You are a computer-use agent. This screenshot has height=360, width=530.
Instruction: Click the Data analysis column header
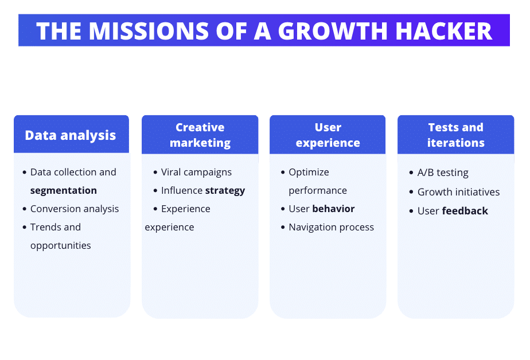point(71,135)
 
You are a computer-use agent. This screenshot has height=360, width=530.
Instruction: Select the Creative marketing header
point(200,135)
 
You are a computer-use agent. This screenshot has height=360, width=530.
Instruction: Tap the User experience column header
point(328,135)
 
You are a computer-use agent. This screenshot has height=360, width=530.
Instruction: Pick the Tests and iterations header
point(455,135)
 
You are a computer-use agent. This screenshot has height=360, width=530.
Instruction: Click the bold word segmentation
point(64,190)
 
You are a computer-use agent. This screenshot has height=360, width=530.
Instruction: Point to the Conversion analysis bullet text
point(75,209)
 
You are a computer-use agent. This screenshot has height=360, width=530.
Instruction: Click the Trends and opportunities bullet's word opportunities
point(61,245)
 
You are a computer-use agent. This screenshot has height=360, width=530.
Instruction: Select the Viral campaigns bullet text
point(196,172)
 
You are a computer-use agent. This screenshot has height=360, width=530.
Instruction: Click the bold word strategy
point(225,190)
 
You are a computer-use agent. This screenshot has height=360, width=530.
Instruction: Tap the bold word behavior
point(333,209)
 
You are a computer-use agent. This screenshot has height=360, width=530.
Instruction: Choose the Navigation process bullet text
point(331,227)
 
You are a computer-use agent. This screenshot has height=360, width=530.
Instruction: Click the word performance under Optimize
point(318,190)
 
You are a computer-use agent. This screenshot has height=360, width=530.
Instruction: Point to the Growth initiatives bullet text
point(458,192)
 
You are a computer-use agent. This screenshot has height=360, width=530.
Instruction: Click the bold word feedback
point(465,211)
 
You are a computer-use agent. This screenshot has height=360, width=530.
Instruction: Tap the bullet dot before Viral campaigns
point(155,173)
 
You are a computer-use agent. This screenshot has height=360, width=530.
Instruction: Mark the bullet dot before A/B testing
point(411,173)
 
